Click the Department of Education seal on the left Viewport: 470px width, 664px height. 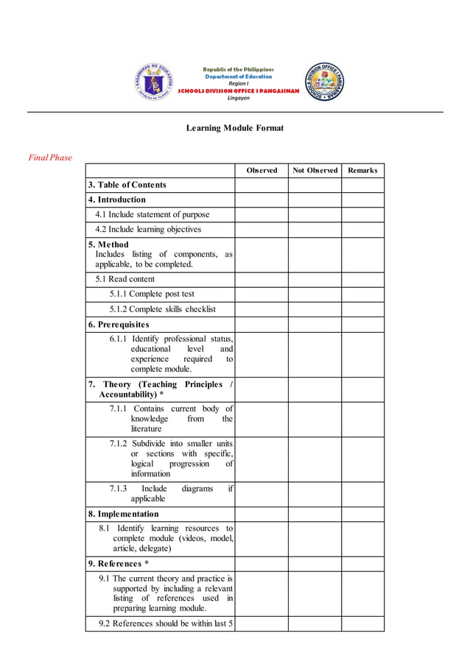click(x=155, y=82)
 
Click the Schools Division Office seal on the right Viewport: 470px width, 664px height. click(x=324, y=82)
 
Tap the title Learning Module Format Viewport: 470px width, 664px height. click(x=235, y=128)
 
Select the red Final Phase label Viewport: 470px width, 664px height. click(x=50, y=158)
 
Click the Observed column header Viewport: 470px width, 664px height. click(x=262, y=171)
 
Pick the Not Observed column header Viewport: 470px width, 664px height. click(x=315, y=171)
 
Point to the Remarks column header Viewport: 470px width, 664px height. click(x=362, y=171)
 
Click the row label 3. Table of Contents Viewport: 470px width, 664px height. click(x=127, y=185)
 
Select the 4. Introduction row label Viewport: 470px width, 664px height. click(x=117, y=199)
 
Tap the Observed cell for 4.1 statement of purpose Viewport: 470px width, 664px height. click(x=262, y=215)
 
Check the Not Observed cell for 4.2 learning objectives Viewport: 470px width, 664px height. click(x=315, y=230)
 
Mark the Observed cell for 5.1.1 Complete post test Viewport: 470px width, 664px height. click(x=262, y=294)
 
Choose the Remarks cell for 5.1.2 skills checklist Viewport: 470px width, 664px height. click(x=362, y=310)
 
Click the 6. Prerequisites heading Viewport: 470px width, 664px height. click(x=119, y=325)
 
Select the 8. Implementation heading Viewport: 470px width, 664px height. click(x=124, y=515)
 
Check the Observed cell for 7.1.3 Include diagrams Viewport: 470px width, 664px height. click(x=262, y=494)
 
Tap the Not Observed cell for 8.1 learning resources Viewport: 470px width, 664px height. click(x=315, y=539)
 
